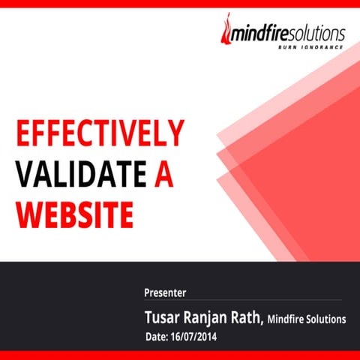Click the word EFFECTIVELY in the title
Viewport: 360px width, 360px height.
(x=99, y=135)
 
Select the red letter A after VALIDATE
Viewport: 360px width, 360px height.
(x=165, y=174)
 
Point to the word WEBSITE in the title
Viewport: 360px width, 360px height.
(x=74, y=214)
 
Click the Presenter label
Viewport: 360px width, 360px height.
(x=165, y=292)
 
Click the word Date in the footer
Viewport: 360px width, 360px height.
(x=156, y=337)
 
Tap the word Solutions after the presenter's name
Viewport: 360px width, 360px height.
(x=328, y=319)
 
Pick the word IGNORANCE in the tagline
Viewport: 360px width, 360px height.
(x=321, y=47)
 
